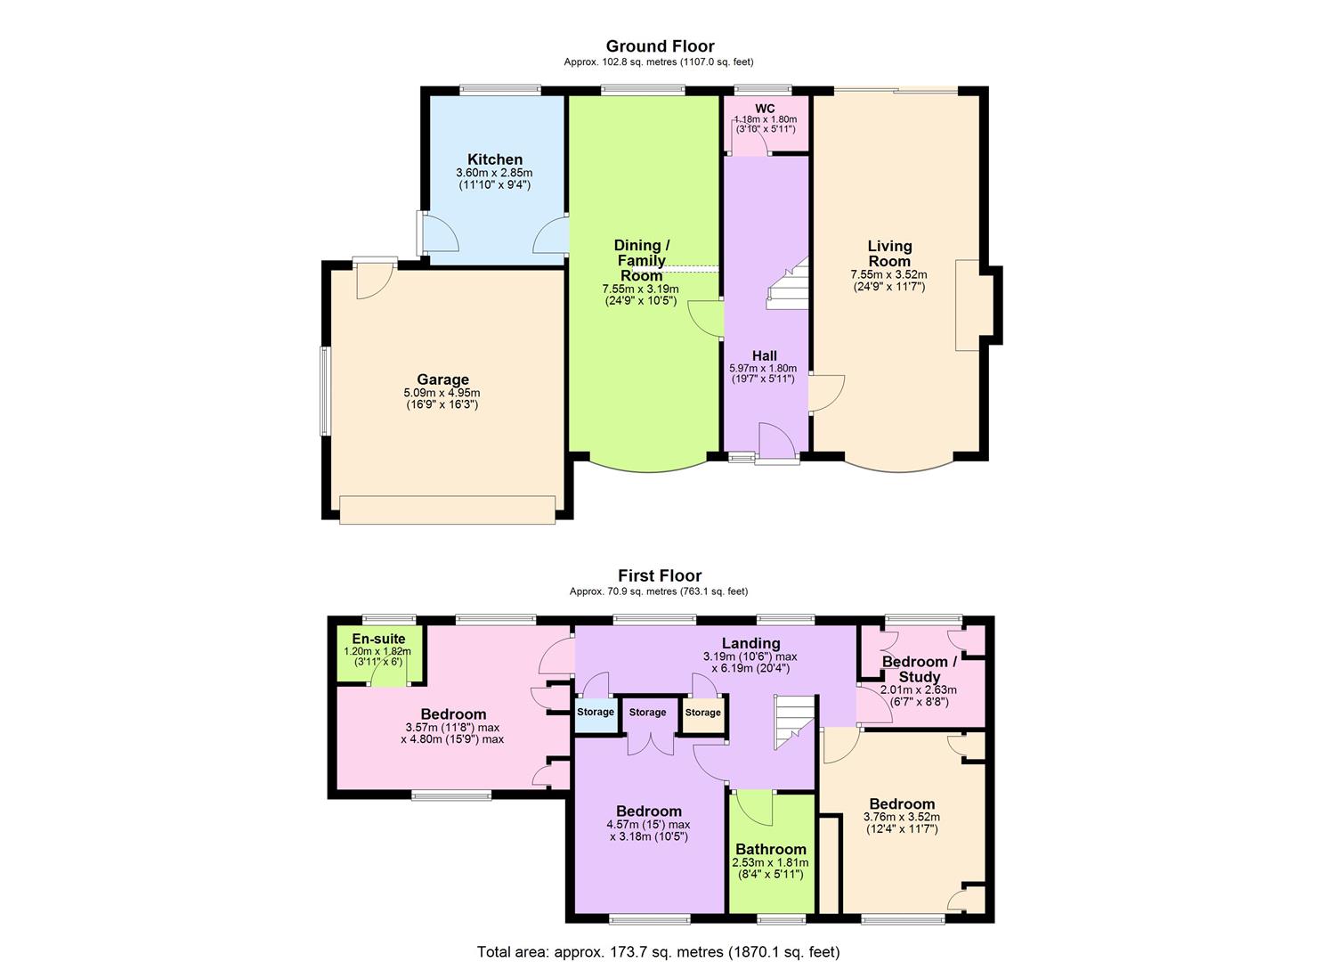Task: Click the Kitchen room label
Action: (495, 159)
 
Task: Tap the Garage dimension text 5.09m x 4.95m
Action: (442, 393)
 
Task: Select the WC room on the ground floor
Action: (765, 125)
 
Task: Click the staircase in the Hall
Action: (788, 285)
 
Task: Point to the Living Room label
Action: (889, 253)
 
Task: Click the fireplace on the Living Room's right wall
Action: (968, 305)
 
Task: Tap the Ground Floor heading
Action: (660, 46)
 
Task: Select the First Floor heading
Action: (660, 576)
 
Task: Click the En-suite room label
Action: (378, 639)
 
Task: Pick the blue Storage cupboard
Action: (596, 713)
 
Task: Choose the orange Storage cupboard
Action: (702, 713)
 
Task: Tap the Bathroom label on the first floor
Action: (770, 850)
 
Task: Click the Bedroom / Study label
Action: (919, 669)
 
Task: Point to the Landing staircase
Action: (794, 721)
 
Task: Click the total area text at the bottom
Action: (658, 951)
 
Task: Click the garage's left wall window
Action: (326, 391)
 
